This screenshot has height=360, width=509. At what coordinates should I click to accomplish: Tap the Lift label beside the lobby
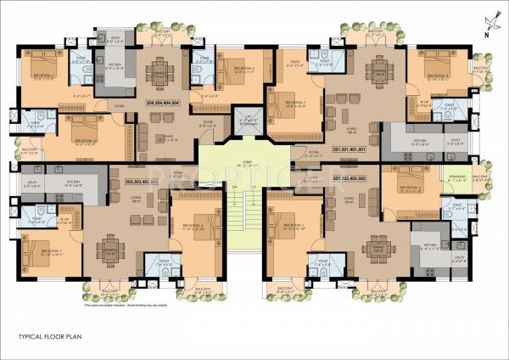click(x=249, y=120)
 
